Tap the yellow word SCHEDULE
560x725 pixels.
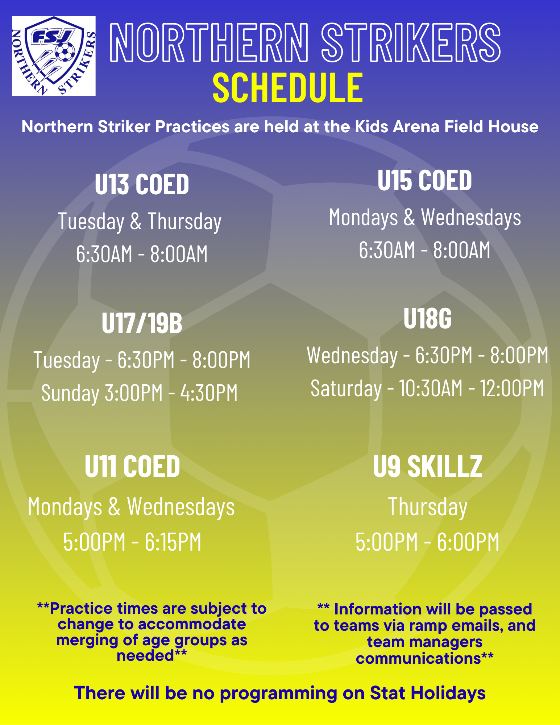(x=287, y=87)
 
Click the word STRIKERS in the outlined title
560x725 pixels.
(x=411, y=42)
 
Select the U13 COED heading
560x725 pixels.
(x=142, y=184)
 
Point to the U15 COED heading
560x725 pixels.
(x=424, y=180)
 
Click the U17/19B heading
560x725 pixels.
(x=142, y=323)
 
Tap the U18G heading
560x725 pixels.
(x=428, y=319)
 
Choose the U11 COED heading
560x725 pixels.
(x=132, y=467)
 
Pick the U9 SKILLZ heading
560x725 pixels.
(x=428, y=467)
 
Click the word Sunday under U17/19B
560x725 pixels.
(x=70, y=393)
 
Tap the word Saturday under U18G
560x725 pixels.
(x=346, y=389)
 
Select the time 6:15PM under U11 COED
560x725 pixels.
(x=173, y=542)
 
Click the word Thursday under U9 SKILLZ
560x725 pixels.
(x=428, y=507)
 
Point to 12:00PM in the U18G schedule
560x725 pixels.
(x=512, y=388)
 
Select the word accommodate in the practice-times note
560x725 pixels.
(x=192, y=624)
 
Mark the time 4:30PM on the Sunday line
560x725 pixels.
(x=209, y=393)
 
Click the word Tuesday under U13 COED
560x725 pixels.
(x=91, y=221)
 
